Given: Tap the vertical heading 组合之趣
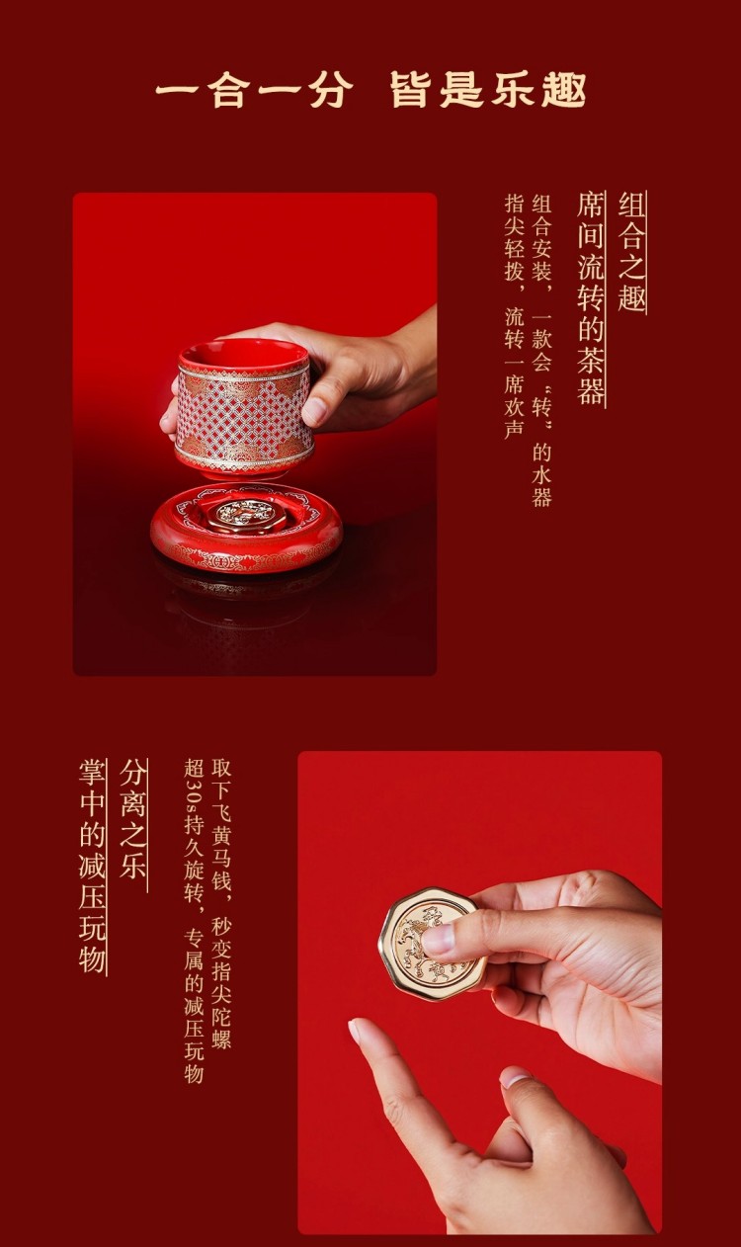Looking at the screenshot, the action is click(632, 252).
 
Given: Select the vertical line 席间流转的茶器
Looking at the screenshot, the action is click(591, 298).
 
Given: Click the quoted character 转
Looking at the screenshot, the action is click(541, 409).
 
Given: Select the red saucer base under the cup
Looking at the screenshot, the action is click(246, 527).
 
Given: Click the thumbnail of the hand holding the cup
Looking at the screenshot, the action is click(315, 411).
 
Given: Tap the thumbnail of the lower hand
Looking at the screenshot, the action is click(515, 1078).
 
